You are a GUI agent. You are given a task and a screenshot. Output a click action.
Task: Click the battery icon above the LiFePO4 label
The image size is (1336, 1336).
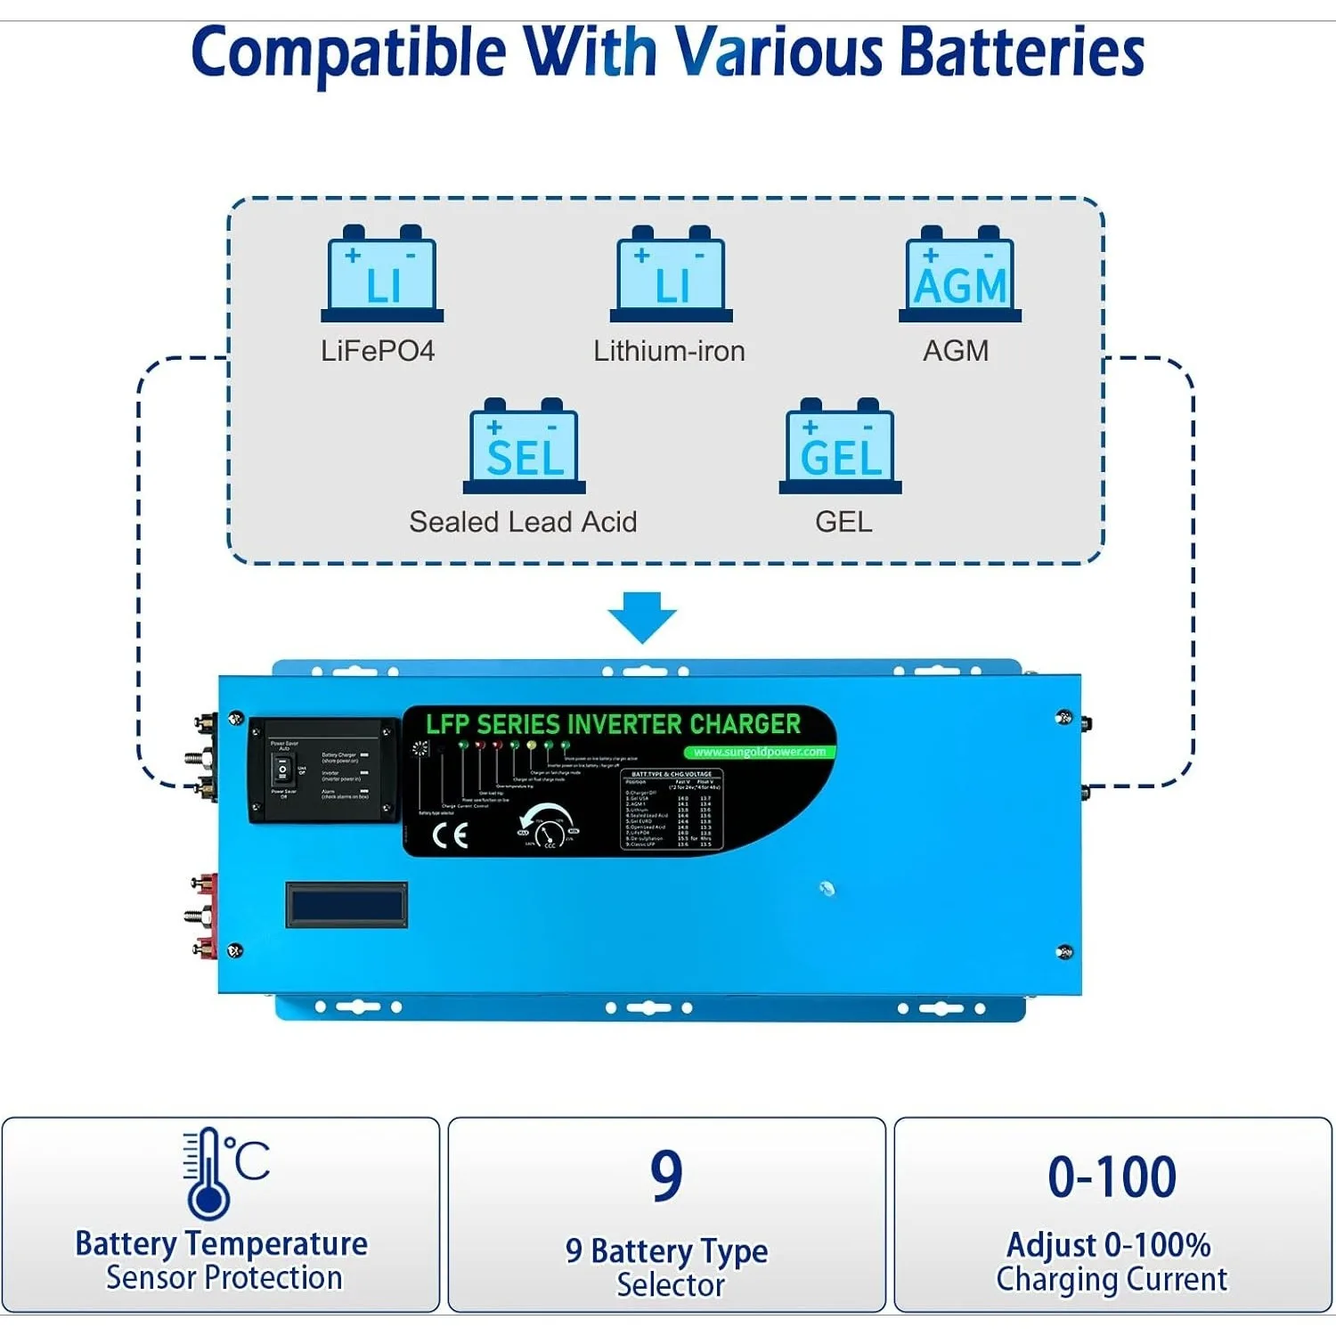(382, 273)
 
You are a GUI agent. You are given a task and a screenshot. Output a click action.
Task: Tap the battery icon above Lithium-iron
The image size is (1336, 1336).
(671, 273)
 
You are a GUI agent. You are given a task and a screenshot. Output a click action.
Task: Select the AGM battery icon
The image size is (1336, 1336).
(960, 273)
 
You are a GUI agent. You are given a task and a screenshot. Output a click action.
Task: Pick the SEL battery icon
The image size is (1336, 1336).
(525, 445)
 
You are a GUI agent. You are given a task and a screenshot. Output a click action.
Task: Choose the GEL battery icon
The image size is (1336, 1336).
(840, 445)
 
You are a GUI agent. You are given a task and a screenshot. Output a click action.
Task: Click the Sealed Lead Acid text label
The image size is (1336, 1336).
(523, 522)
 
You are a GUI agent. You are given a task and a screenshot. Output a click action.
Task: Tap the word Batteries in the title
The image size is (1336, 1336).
(1022, 52)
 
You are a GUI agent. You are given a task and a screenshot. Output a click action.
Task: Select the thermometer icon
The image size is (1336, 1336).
(208, 1173)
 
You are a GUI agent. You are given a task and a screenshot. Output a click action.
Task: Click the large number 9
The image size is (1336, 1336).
(666, 1176)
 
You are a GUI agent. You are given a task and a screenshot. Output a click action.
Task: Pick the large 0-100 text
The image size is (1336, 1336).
(1112, 1177)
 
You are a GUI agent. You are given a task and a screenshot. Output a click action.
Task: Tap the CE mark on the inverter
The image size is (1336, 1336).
(450, 835)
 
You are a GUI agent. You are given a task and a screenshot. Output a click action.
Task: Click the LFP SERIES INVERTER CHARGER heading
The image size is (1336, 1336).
(613, 724)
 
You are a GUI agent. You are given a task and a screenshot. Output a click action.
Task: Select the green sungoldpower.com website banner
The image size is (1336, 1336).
(760, 752)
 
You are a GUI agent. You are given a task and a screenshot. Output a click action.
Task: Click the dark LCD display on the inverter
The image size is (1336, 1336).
(346, 905)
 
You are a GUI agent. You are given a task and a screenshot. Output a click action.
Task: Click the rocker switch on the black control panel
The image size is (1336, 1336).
(282, 770)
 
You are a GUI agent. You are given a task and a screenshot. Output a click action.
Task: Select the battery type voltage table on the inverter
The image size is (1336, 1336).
(672, 809)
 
